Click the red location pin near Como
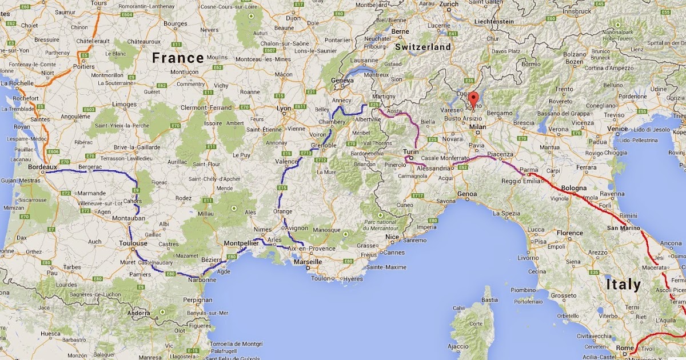[473, 97]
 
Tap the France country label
[178, 58]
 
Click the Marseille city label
[307, 262]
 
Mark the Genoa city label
[466, 194]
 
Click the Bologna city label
[573, 188]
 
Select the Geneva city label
[342, 81]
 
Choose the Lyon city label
[284, 107]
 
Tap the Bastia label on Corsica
[487, 299]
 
